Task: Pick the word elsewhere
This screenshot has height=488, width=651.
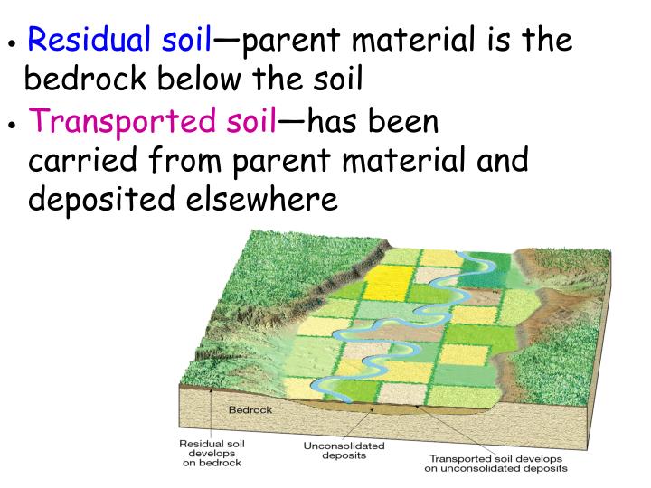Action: coord(268,199)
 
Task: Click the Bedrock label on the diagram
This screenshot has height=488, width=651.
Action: coord(250,409)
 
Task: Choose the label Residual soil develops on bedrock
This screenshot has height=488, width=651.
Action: coord(212,454)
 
